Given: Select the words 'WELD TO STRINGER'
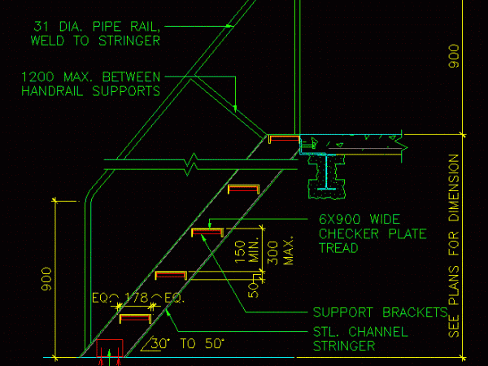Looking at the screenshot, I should pos(95,40).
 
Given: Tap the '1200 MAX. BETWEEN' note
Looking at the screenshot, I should pos(89,77).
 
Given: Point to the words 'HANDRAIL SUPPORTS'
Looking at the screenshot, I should pos(90,92).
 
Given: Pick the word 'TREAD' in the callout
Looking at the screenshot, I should pos(338,249).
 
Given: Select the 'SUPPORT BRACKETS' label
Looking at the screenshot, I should pos(380,312).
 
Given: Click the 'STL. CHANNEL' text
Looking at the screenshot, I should pos(360,332).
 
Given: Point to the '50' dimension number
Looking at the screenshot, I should pos(253,285).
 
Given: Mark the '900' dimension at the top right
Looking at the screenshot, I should pos(455,55).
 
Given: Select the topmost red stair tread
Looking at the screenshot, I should pos(284,139).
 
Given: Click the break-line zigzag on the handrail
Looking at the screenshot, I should pos(192,165).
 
